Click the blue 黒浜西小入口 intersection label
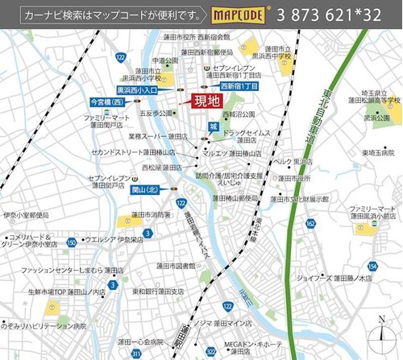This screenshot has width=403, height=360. (138, 90)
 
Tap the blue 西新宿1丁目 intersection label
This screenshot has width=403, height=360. (239, 85)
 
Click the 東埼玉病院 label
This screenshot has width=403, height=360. (377, 152)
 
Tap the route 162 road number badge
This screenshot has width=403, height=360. (310, 222)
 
